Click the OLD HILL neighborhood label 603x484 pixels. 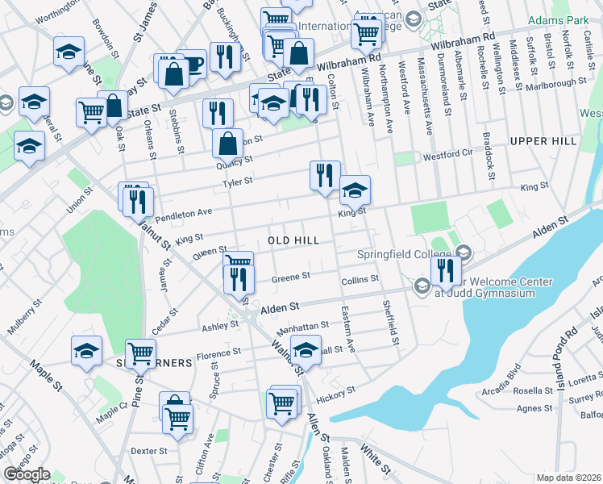pyautogui.click(x=293, y=240)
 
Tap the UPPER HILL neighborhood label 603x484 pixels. pyautogui.click(x=543, y=141)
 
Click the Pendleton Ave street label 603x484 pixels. pyautogui.click(x=183, y=214)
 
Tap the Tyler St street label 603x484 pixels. pyautogui.click(x=238, y=182)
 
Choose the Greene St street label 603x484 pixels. pyautogui.click(x=290, y=277)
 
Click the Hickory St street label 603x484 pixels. pyautogui.click(x=336, y=393)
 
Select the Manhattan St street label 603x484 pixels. pyautogui.click(x=303, y=326)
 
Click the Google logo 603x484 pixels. pyautogui.click(x=27, y=474)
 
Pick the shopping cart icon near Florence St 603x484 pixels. pyautogui.click(x=140, y=352)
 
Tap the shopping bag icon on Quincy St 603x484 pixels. pyautogui.click(x=228, y=143)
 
